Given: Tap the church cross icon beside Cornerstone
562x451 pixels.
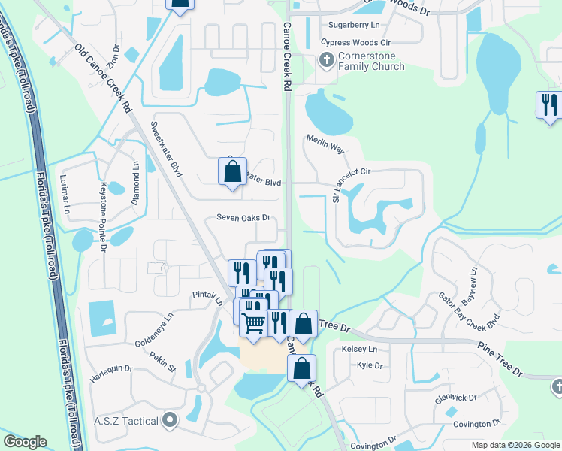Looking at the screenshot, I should [x=327, y=60].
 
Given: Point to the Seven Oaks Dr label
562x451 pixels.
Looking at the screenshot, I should [x=243, y=218].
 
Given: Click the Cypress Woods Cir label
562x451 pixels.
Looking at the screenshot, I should [x=351, y=43].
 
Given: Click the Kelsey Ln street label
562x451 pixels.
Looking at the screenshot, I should [x=359, y=350].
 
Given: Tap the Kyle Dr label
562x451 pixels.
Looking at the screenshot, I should [x=370, y=365].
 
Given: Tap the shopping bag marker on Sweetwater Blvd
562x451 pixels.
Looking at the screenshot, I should [x=233, y=171].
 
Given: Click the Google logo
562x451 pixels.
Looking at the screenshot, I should [x=25, y=442].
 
